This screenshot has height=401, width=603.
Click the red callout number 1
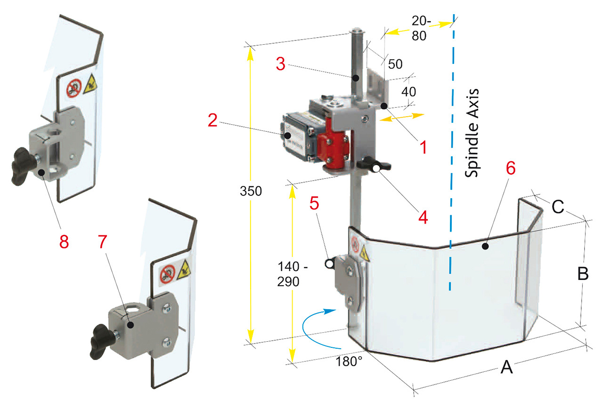[x=423, y=147]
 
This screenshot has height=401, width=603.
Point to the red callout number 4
[x=423, y=217]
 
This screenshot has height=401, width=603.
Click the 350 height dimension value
[x=251, y=192]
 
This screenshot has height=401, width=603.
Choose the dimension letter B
[x=583, y=274]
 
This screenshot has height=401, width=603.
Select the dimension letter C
[x=558, y=207]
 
